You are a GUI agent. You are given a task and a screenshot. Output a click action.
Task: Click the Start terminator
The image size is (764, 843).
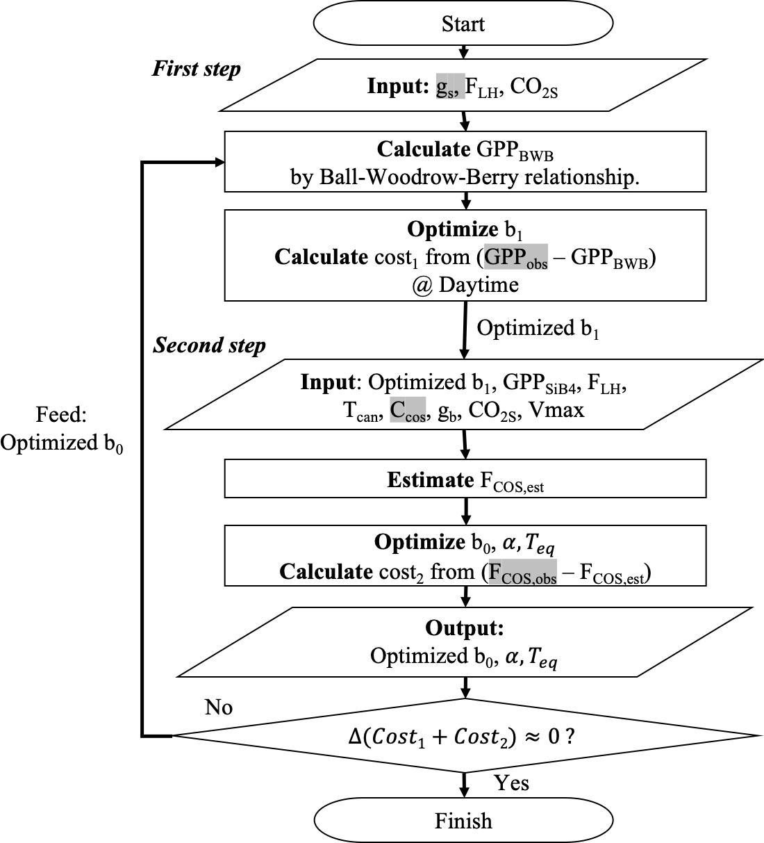coord(463,24)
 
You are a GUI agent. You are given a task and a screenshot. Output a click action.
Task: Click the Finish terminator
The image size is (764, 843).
coord(463,821)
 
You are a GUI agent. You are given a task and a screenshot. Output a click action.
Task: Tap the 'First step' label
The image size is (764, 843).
coord(197,69)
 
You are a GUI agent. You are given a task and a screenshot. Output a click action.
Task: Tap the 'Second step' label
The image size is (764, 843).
coord(209,345)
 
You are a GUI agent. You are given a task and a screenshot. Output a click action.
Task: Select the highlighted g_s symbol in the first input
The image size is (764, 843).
coord(450,87)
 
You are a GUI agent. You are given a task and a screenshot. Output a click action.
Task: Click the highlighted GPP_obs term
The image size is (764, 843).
coord(516,258)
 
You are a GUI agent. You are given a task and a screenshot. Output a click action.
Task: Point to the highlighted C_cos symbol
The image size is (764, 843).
coord(407,410)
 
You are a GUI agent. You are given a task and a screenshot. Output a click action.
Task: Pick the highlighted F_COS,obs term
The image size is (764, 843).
coord(523,573)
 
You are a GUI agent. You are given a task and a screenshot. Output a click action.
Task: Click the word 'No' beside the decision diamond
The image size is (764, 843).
coord(219,707)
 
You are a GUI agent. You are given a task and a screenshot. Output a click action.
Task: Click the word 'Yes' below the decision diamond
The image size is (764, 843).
coord(512,783)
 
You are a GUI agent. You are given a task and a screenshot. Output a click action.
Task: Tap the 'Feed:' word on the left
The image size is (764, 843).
coord(61,415)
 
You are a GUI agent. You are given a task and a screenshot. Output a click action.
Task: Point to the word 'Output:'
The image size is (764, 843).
coord(464,628)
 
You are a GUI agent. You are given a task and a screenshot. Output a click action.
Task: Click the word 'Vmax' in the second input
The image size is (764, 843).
coord(556,410)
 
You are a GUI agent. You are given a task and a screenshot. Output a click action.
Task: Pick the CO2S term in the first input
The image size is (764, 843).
coord(533,88)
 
